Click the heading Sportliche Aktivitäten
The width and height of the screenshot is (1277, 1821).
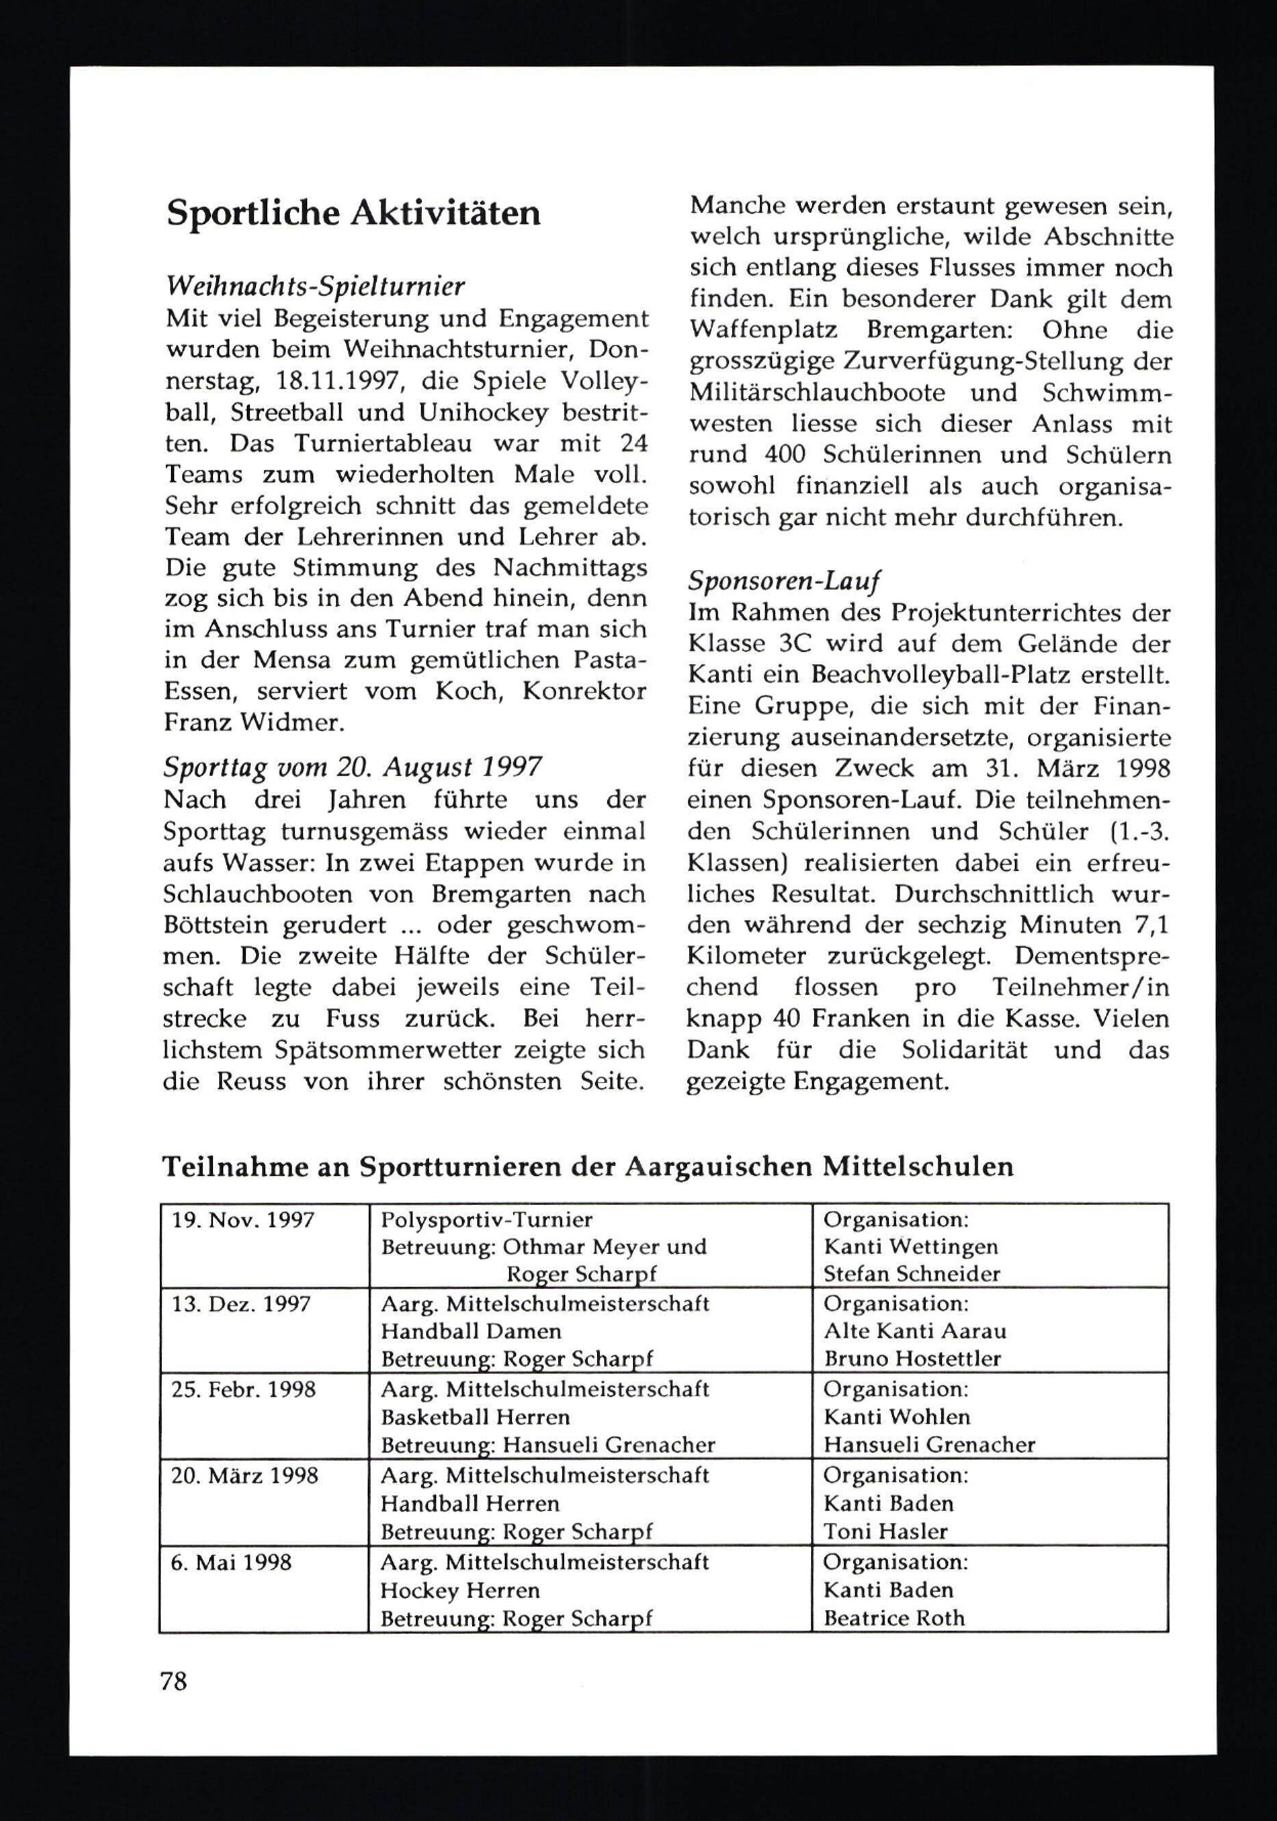coord(353,214)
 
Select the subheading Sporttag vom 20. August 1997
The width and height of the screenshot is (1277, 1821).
coord(353,767)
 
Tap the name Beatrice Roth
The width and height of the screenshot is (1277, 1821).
coord(894,1618)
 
